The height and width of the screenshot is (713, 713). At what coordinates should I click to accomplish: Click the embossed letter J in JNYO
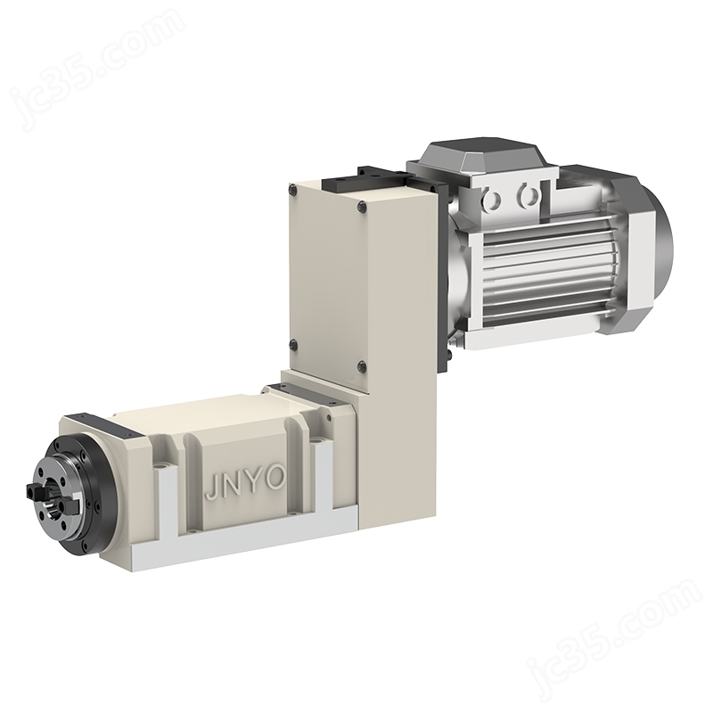(211, 489)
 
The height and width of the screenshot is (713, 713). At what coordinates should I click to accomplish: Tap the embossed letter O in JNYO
(275, 479)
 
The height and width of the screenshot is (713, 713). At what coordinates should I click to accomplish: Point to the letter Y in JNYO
(254, 483)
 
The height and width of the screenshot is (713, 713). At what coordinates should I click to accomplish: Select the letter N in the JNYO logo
(231, 486)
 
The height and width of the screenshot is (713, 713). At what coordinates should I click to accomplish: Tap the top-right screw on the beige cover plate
(362, 206)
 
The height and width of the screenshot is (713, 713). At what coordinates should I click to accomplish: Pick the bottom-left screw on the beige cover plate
(294, 344)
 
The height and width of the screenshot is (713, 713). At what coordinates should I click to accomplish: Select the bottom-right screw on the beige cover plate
(362, 365)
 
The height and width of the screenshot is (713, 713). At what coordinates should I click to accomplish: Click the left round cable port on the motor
(492, 200)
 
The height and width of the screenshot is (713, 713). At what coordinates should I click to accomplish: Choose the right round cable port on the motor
(527, 196)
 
